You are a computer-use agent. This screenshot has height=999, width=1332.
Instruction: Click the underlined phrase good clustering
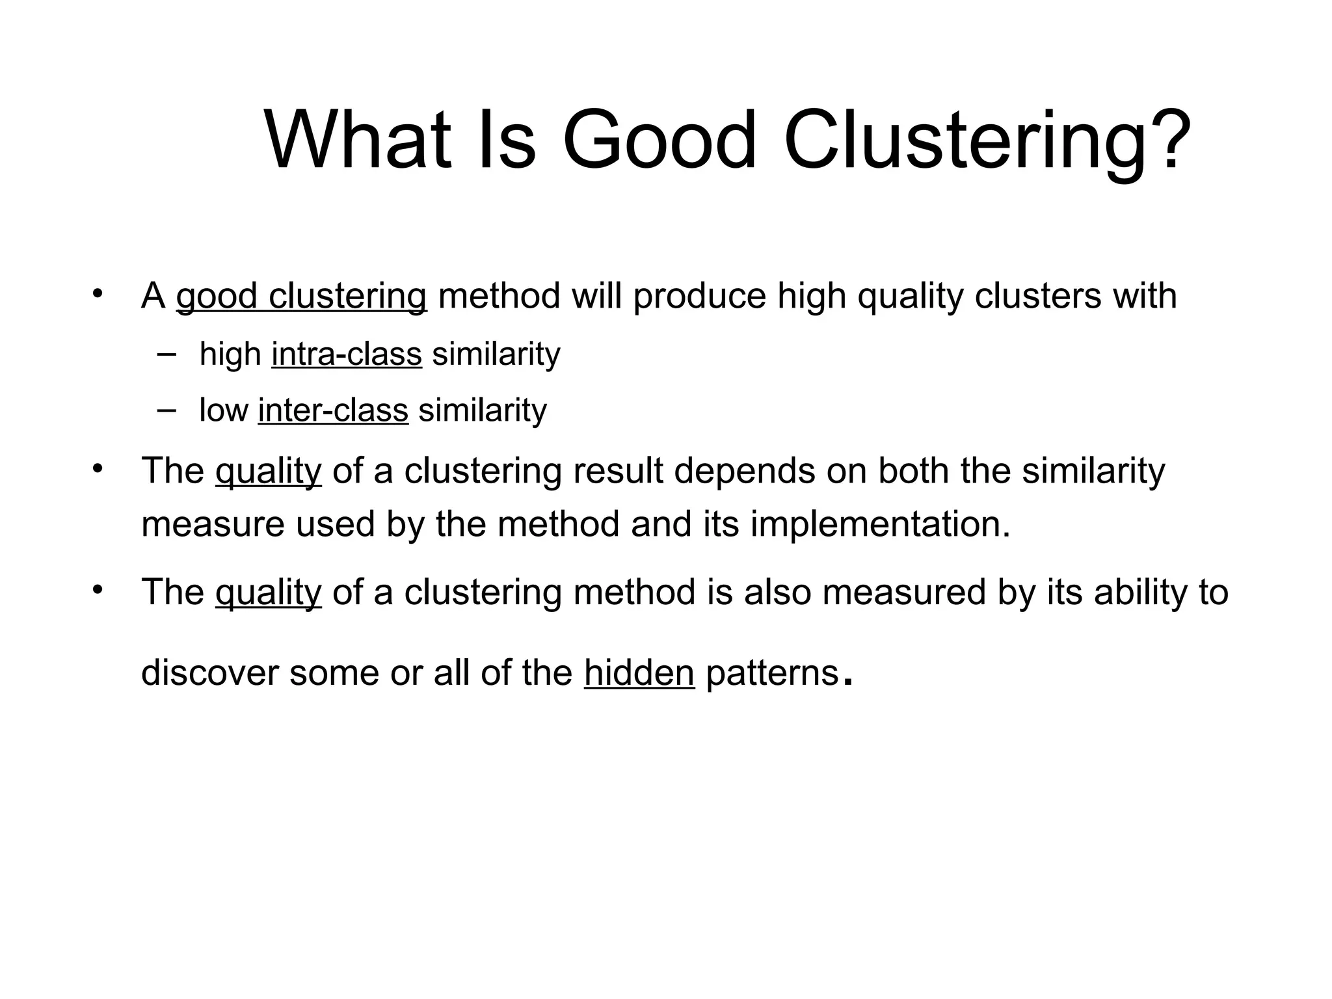(301, 296)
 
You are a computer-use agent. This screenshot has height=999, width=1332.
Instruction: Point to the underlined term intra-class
(347, 354)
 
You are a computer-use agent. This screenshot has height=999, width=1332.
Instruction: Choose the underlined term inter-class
(333, 410)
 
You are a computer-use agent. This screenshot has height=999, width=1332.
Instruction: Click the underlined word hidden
(639, 673)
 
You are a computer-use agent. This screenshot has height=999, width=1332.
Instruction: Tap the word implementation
(880, 524)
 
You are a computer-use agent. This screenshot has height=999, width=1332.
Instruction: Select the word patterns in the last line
(772, 673)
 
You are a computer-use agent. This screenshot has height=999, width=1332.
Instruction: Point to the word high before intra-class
(230, 354)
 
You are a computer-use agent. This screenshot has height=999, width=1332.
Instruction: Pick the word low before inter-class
(224, 410)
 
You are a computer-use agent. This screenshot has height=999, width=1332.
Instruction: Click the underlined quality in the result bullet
(268, 471)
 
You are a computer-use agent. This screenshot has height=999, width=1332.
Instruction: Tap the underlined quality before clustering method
(268, 593)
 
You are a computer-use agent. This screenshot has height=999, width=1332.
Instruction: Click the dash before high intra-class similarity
(166, 353)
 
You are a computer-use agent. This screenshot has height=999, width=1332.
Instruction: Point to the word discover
(210, 673)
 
